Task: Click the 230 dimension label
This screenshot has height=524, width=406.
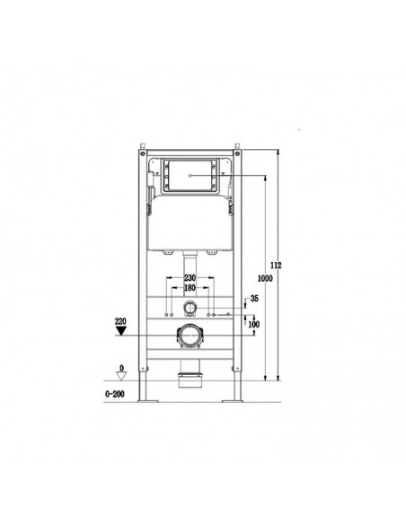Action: pos(190,278)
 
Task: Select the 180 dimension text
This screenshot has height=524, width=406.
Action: pos(190,288)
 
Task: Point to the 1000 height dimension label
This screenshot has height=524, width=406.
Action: pos(268,277)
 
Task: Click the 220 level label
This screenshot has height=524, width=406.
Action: pos(120,319)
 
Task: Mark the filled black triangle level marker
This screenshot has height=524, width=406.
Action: pos(120,330)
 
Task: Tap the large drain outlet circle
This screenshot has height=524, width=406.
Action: pos(190,337)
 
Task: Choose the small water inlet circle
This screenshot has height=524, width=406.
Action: pos(190,309)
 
